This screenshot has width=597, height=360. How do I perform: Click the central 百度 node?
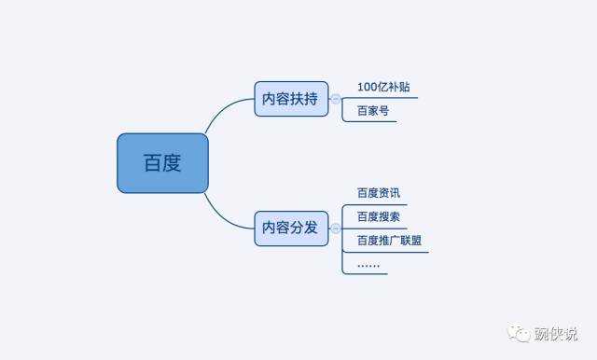[162, 163]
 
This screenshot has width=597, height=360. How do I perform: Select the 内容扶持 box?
[291, 99]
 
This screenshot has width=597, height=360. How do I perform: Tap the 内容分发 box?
[291, 228]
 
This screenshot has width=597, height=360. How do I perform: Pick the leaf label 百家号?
[372, 110]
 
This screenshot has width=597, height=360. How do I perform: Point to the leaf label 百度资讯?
[378, 193]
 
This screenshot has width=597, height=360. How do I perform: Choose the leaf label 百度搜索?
[378, 216]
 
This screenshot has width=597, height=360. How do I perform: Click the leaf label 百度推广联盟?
[389, 240]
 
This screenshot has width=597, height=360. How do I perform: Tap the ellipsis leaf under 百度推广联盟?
[368, 264]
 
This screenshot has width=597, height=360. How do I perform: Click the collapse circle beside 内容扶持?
[336, 99]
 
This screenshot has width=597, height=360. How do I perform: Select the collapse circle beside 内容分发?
[336, 228]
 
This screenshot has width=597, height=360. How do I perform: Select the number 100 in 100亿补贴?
[367, 88]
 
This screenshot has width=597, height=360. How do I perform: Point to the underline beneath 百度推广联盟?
[389, 251]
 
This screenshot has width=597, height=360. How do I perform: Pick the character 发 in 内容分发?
[312, 228]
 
